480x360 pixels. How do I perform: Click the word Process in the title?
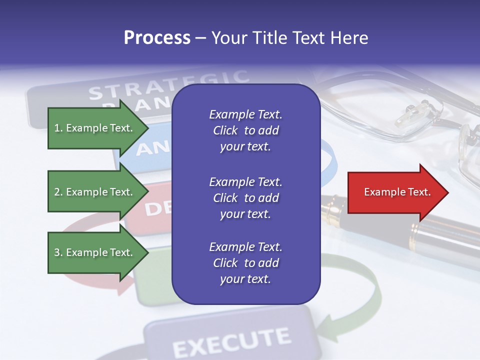click(x=157, y=38)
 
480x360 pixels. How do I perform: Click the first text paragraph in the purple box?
click(x=245, y=130)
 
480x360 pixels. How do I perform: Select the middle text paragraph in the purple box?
click(x=245, y=198)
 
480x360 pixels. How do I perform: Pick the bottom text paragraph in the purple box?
click(x=245, y=263)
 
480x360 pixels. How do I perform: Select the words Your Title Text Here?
click(x=290, y=38)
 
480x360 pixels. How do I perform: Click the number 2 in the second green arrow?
click(x=57, y=192)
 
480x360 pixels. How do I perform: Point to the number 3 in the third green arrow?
click(x=57, y=252)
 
